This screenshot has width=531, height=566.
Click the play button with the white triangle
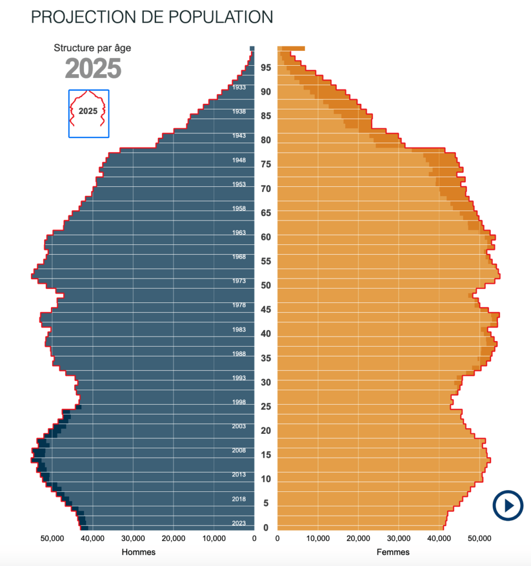tap(508, 505)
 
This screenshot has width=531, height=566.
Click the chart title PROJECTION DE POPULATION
tap(152, 17)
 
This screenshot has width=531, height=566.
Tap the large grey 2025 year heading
tap(93, 69)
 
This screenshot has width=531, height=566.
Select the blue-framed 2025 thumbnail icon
tap(88, 113)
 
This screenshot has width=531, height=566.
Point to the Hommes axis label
tap(138, 552)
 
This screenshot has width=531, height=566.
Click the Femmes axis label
tap(393, 552)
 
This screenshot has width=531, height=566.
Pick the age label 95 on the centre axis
tap(266, 67)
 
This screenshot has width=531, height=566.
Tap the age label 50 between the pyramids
tap(266, 285)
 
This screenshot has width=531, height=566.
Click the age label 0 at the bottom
tap(266, 527)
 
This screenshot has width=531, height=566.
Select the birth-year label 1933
tap(239, 87)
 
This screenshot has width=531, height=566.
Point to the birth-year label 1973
tap(239, 281)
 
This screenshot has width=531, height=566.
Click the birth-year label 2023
tap(239, 523)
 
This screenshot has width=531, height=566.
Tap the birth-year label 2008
tap(239, 450)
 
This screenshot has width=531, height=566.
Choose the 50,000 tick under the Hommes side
tap(53, 538)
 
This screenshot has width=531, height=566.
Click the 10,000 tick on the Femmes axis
tap(317, 538)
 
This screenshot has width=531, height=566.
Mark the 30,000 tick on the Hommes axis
tap(133, 538)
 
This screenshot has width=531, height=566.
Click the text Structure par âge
tap(92, 48)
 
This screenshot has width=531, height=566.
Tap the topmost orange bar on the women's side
tap(293, 49)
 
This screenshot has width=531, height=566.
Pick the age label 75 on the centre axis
tap(266, 164)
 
